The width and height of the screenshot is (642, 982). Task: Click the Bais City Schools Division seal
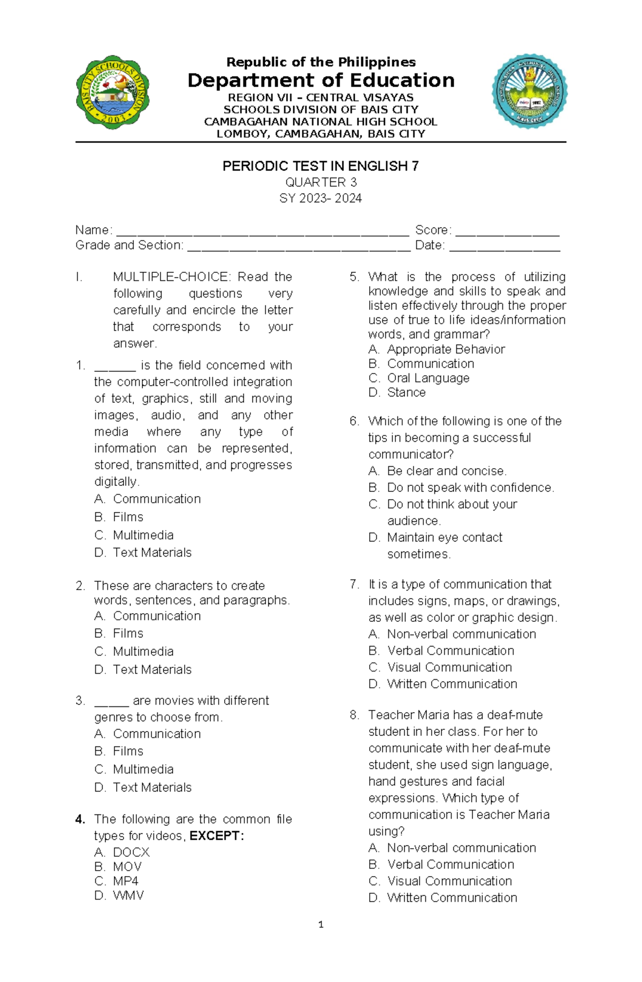point(112,92)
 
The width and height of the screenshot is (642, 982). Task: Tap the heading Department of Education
point(320,80)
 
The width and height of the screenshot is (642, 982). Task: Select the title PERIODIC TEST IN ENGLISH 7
point(320,166)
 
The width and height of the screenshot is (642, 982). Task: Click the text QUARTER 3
point(320,182)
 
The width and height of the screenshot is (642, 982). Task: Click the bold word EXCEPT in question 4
point(216,836)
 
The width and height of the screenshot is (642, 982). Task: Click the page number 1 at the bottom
point(320,924)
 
